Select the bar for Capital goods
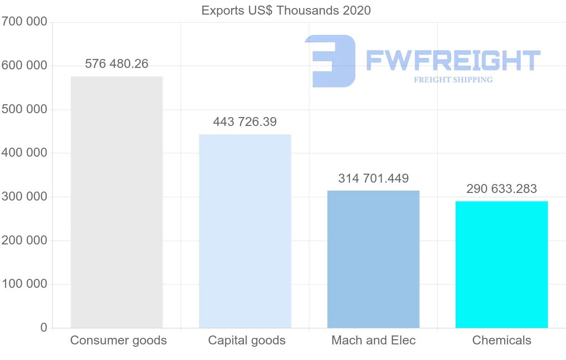[245, 231]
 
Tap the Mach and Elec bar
[373, 259]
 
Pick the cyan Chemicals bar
[501, 264]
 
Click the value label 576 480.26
[117, 64]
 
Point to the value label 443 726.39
[245, 122]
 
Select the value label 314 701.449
[373, 178]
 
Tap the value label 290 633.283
[501, 189]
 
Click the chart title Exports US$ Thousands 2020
[286, 10]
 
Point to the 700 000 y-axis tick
[24, 22]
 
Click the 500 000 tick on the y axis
[24, 109]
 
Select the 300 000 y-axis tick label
[24, 197]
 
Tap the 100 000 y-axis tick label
[24, 284]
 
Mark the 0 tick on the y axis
[43, 327]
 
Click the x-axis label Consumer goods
[118, 340]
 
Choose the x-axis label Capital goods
[247, 340]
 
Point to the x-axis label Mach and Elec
[374, 340]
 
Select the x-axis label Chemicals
[501, 340]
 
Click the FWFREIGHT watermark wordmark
[453, 60]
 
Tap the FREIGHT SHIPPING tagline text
[453, 80]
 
